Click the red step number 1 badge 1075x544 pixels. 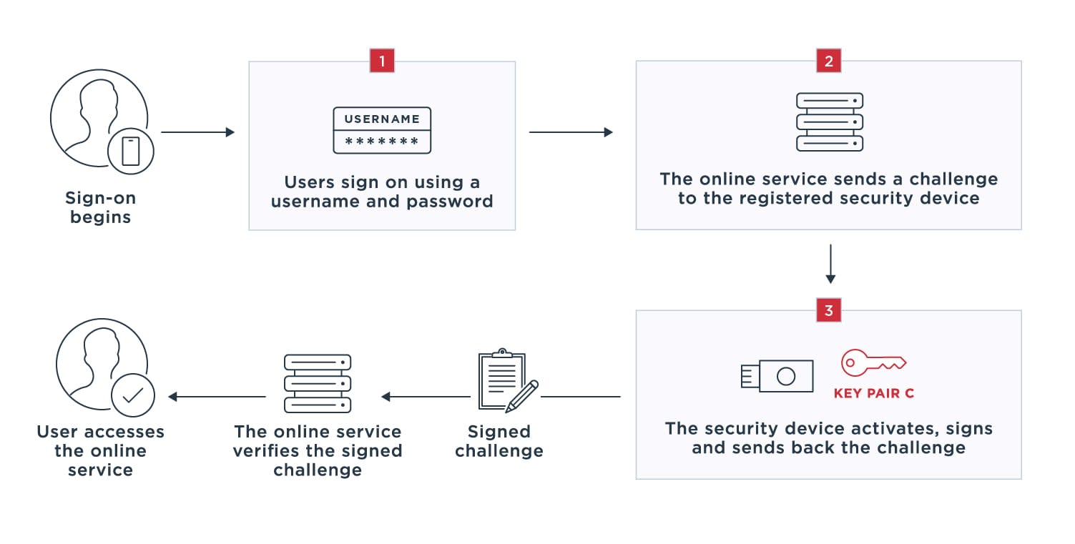382,61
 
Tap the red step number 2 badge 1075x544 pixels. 828,61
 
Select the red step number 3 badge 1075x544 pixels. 828,310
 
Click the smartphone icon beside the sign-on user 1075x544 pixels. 131,152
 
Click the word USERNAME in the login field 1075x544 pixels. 382,119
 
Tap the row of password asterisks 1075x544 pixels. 382,142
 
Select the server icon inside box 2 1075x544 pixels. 830,122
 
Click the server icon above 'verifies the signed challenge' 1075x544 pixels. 318,383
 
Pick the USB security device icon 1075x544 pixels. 777,375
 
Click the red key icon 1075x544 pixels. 873,363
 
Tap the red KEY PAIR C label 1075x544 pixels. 873,393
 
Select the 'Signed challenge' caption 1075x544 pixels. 499,441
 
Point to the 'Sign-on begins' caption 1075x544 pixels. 100,207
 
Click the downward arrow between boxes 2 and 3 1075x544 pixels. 830,264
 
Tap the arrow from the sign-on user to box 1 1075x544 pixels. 198,132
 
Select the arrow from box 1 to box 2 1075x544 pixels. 571,132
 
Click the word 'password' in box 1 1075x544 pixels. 449,202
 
